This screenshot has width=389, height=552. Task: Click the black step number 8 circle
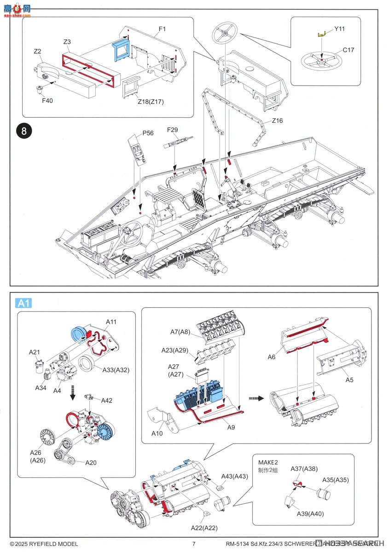tap(24, 132)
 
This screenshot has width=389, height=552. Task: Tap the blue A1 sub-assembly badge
tap(23, 303)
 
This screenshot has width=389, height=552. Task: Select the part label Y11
tap(340, 29)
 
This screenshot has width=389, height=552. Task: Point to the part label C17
tap(348, 50)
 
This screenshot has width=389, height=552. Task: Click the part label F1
tap(162, 29)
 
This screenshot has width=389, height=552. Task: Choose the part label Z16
tap(277, 121)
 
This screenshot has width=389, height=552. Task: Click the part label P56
tap(148, 132)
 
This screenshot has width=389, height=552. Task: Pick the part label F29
tap(173, 131)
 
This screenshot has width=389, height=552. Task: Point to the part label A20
tap(91, 462)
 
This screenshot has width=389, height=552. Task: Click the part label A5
tap(349, 379)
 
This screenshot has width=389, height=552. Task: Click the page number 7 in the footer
tap(194, 544)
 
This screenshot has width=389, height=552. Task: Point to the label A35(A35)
tap(335, 480)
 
